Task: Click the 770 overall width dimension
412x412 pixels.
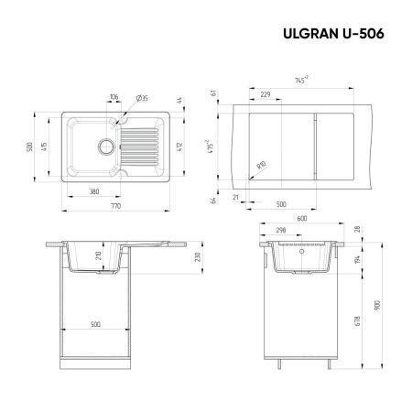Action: pos(116,209)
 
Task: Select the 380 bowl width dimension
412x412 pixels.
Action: pos(94,192)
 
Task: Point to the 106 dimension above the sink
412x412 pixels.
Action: pos(114,97)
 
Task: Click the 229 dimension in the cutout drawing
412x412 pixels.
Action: pos(265,95)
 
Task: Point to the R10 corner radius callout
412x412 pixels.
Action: pos(262,166)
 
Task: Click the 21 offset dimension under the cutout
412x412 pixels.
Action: pos(236,197)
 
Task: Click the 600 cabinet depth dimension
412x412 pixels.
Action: pos(302,231)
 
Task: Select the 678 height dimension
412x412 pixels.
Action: pos(359,321)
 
